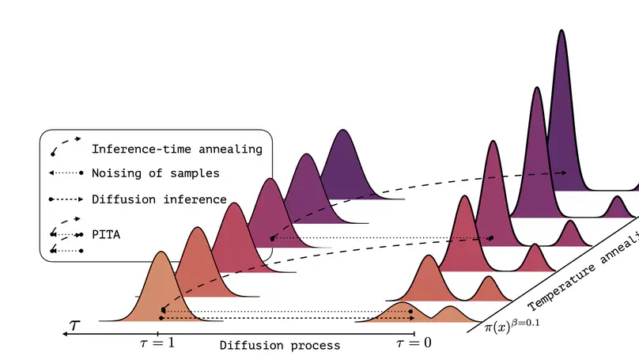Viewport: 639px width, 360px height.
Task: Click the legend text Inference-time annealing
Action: point(177,149)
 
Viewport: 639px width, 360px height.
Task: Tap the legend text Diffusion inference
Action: point(159,199)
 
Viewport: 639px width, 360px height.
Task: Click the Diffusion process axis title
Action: point(280,346)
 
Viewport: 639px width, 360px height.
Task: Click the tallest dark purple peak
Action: point(561,32)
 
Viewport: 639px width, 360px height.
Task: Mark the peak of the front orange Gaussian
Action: point(161,253)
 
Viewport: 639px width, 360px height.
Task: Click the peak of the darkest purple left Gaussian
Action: point(343,131)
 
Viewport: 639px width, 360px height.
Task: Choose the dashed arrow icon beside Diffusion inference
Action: point(66,199)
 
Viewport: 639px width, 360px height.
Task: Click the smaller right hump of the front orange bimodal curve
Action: point(450,309)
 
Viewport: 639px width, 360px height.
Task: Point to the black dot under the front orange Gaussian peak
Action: point(161,311)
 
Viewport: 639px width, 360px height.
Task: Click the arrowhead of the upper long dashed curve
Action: point(563,172)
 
